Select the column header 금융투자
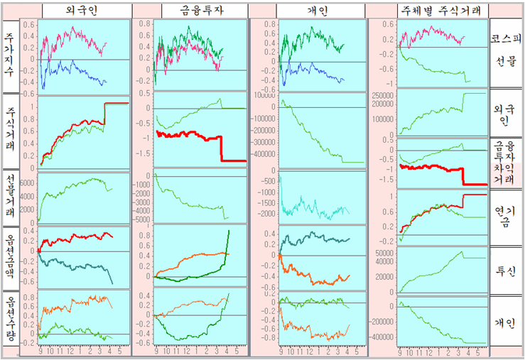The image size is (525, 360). click(190, 11)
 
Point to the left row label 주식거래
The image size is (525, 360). click(10, 131)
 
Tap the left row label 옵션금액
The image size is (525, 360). click(10, 255)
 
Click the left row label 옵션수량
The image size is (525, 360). click(10, 320)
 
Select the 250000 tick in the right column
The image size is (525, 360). click(383, 94)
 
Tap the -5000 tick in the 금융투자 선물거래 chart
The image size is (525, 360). click(144, 219)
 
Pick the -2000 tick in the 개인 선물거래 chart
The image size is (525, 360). click(267, 214)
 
